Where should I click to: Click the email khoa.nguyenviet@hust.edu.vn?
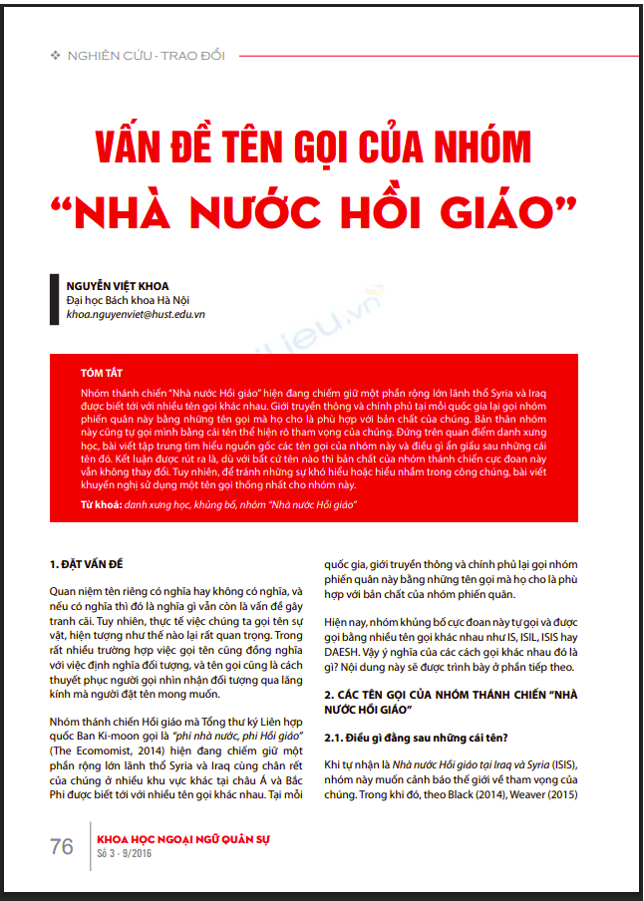pos(136,314)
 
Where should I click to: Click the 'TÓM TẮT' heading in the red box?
pos(102,372)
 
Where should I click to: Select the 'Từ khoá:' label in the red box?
pos(102,505)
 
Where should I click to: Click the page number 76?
pos(62,846)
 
